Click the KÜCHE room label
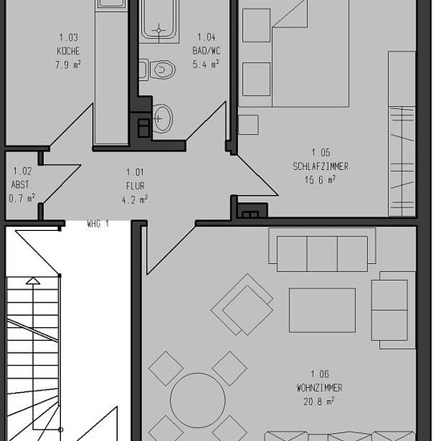click(68, 51)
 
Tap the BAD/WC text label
click(206, 51)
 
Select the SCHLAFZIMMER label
click(321, 166)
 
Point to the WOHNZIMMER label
click(320, 388)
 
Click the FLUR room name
click(136, 186)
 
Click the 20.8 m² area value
click(319, 401)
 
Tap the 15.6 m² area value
click(321, 180)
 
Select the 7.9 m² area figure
click(68, 65)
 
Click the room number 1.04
click(206, 37)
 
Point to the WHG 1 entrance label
click(98, 225)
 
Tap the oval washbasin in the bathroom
click(162, 119)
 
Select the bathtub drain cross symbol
click(159, 30)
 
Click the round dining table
click(198, 400)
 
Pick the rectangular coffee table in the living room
click(322, 310)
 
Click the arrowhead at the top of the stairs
click(33, 281)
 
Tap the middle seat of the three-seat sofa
click(322, 253)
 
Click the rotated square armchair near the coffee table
click(242, 305)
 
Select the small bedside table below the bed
click(249, 124)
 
